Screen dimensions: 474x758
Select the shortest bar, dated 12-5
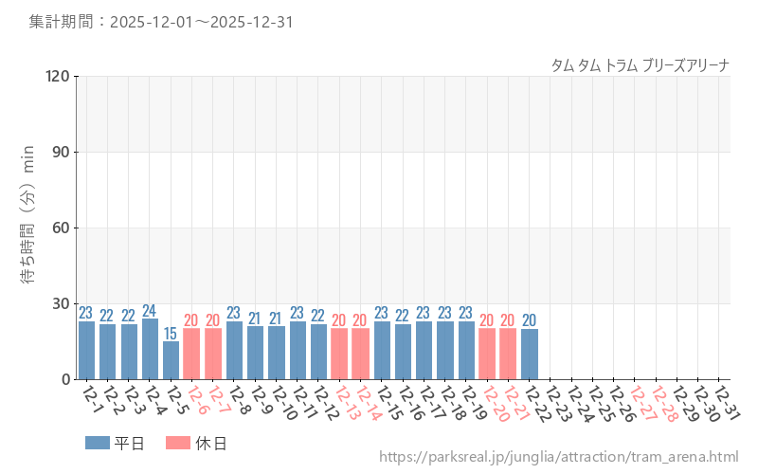click(171, 360)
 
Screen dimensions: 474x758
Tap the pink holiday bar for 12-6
click(191, 354)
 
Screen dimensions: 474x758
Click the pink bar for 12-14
click(360, 354)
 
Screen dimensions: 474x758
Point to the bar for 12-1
click(86, 350)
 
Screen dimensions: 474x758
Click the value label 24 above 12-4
click(150, 311)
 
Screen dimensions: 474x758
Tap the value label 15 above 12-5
click(171, 334)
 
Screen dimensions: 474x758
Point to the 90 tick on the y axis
click(61, 152)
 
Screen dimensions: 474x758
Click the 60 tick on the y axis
click(61, 228)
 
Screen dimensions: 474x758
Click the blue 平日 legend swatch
click(97, 443)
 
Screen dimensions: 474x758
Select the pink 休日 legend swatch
click(177, 443)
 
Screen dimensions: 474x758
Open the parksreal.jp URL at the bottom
click(558, 457)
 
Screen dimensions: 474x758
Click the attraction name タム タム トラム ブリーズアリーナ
click(640, 65)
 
